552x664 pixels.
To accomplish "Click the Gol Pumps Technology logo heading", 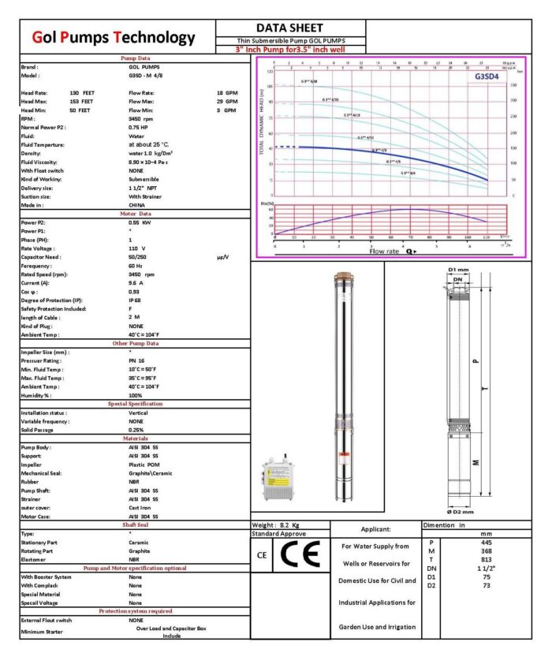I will pyautogui.click(x=114, y=37).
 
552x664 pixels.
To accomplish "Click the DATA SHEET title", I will pyautogui.click(x=291, y=28).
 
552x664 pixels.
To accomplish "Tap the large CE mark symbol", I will pyautogui.click(x=303, y=556).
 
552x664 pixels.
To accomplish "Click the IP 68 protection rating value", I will pyautogui.click(x=136, y=300).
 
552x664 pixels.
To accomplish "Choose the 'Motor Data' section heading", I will pyautogui.click(x=134, y=214).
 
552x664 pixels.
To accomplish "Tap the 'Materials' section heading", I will pyautogui.click(x=134, y=438).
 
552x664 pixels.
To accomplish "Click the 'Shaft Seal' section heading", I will pyautogui.click(x=134, y=524).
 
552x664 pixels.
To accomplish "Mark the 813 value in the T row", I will pyautogui.click(x=486, y=559).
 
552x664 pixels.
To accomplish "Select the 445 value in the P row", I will pyautogui.click(x=486, y=543).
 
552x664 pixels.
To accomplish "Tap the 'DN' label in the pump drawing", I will pyautogui.click(x=457, y=280).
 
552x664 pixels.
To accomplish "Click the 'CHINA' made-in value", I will pyautogui.click(x=138, y=205).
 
